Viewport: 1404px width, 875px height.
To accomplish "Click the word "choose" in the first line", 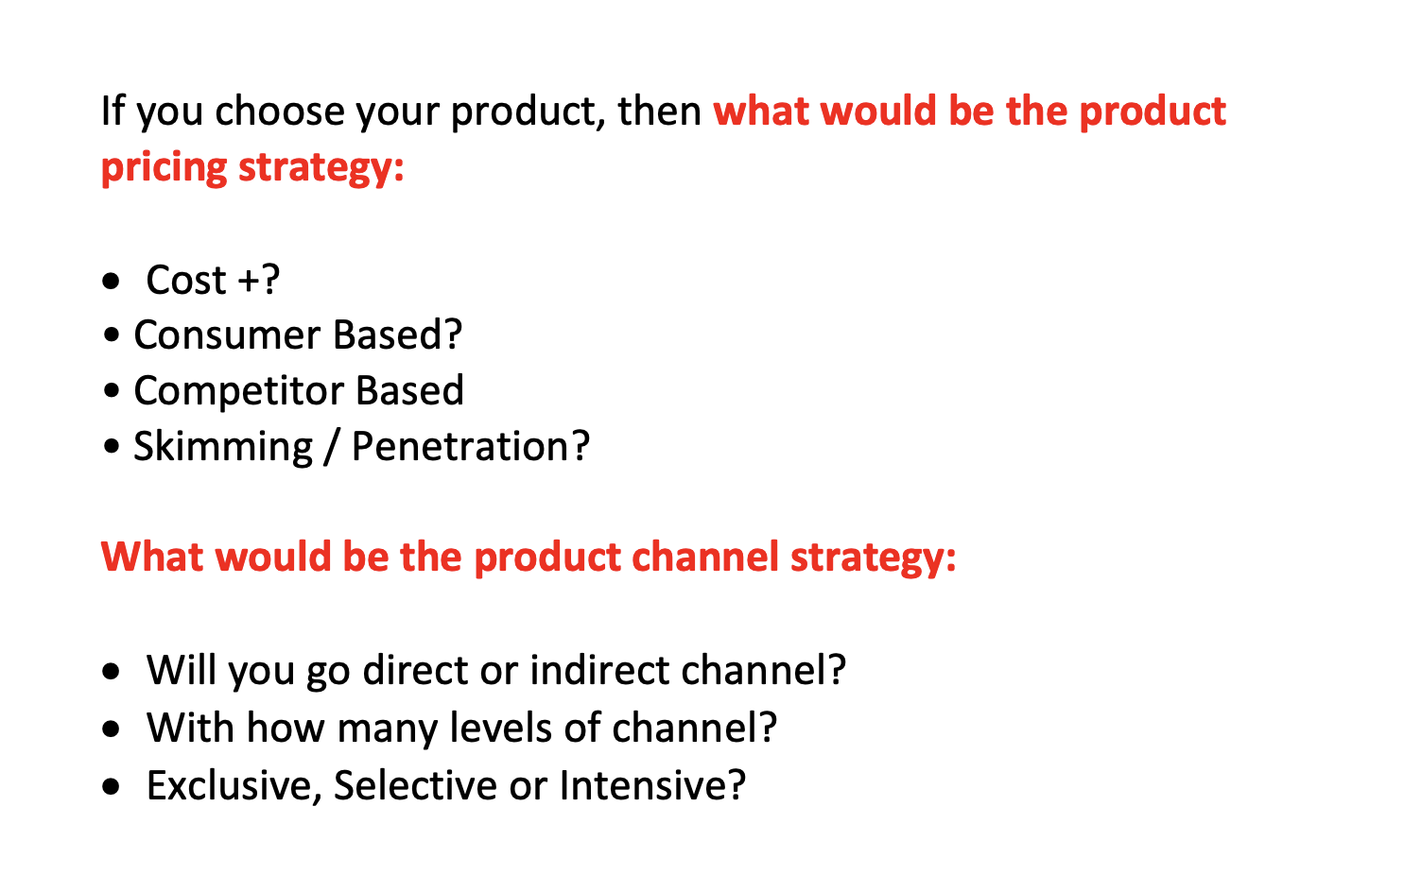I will [x=278, y=112].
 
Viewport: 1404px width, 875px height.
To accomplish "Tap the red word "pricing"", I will [x=164, y=168].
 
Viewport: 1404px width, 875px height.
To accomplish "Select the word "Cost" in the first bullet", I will [x=186, y=280].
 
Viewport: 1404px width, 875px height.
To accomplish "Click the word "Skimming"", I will [x=222, y=447].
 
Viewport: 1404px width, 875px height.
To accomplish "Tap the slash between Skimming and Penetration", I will [x=331, y=447].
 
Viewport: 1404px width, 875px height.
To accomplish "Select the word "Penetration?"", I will [x=470, y=447].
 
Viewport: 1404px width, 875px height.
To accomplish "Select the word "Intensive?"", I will [x=652, y=785].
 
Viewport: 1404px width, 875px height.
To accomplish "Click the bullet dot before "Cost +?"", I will [x=113, y=282].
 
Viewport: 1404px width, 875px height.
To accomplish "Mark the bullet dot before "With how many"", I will [x=113, y=729].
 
